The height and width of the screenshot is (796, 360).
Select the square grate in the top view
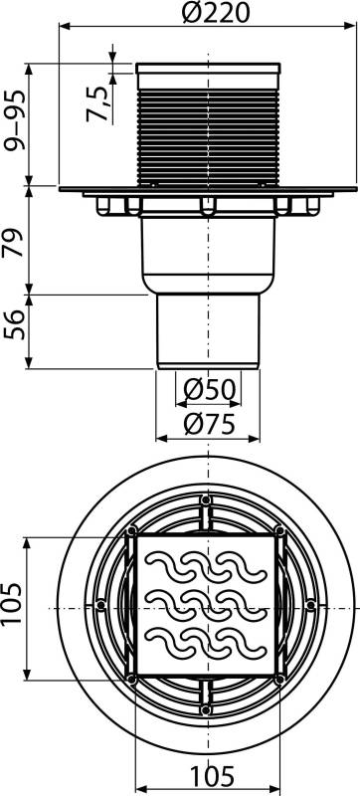tap(206, 603)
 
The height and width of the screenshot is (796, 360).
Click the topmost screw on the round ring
tap(206, 498)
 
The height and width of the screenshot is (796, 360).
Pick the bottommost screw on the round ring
tap(206, 708)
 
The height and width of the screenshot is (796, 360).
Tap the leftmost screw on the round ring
tap(100, 604)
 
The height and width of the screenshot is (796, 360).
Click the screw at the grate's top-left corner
tap(131, 529)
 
